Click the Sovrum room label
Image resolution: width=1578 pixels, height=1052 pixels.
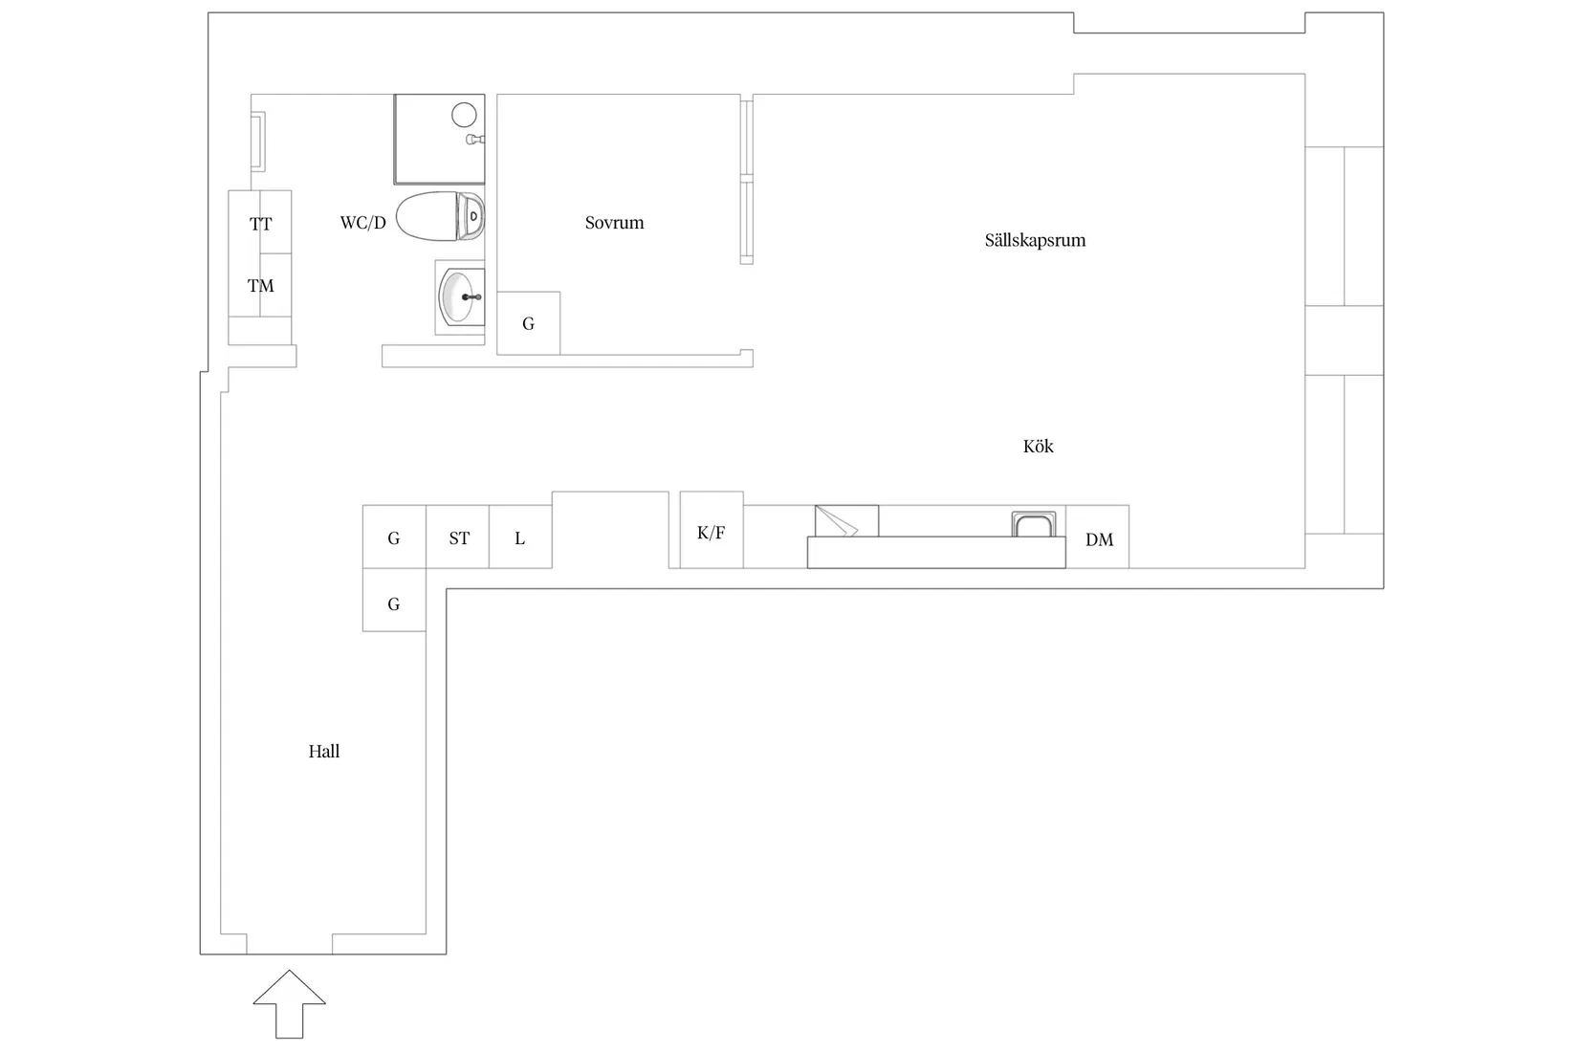pyautogui.click(x=614, y=223)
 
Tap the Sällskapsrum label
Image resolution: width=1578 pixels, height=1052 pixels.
pyautogui.click(x=1035, y=240)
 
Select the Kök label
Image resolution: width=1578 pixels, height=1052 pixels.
pyautogui.click(x=1039, y=446)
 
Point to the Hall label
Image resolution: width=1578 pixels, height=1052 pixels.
pyautogui.click(x=324, y=751)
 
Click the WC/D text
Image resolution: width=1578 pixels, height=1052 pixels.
pyautogui.click(x=362, y=223)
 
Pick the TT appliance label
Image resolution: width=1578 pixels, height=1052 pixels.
pyautogui.click(x=261, y=224)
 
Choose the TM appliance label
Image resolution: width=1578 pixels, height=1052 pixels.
pyautogui.click(x=261, y=286)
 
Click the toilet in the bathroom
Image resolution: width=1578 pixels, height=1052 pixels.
pyautogui.click(x=440, y=215)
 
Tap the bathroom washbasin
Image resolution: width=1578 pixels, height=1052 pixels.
pyautogui.click(x=461, y=297)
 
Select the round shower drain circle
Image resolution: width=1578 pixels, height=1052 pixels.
pyautogui.click(x=464, y=115)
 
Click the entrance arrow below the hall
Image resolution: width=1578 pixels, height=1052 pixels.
pyautogui.click(x=290, y=1004)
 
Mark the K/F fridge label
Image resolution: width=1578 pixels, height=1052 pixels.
pyautogui.click(x=711, y=533)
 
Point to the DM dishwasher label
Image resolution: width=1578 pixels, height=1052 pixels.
pyautogui.click(x=1099, y=539)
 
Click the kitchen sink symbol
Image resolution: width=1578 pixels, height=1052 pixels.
pyautogui.click(x=1034, y=524)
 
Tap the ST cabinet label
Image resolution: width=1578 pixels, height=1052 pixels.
pyautogui.click(x=459, y=538)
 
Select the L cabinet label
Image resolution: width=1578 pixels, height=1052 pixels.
pyautogui.click(x=520, y=538)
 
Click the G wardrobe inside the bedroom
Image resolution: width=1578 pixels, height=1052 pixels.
pyautogui.click(x=528, y=323)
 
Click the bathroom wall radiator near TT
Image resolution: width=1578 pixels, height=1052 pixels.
pyautogui.click(x=258, y=142)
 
